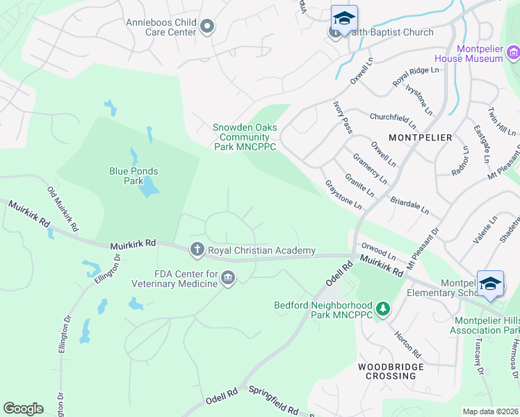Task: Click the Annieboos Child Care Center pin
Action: click(x=206, y=27)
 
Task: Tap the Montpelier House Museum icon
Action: click(x=513, y=53)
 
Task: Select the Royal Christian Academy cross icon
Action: click(x=197, y=250)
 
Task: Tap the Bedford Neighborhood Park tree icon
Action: click(x=381, y=307)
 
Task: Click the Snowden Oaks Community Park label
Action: click(x=244, y=137)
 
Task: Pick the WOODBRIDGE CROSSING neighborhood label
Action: click(x=387, y=370)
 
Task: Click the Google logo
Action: click(x=23, y=409)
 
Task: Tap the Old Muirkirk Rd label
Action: click(x=63, y=208)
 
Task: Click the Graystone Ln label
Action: click(x=343, y=195)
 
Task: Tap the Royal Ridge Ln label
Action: click(x=416, y=77)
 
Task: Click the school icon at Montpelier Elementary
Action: click(x=491, y=283)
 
